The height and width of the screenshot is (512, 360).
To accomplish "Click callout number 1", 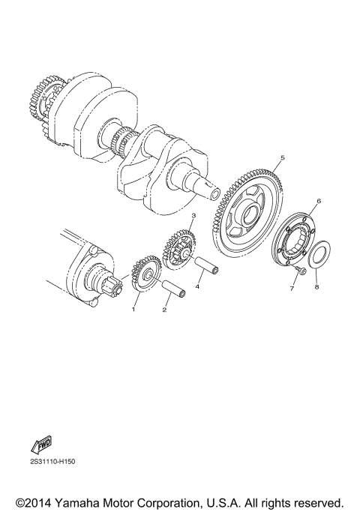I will (136, 308).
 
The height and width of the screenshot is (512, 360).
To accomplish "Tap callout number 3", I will (193, 216).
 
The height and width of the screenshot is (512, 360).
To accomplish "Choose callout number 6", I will (318, 202).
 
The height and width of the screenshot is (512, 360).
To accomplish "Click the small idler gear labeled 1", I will (143, 276).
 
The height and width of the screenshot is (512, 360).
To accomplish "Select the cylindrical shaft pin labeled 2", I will (175, 289).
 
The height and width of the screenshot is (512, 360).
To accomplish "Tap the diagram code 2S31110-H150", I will (54, 462).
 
